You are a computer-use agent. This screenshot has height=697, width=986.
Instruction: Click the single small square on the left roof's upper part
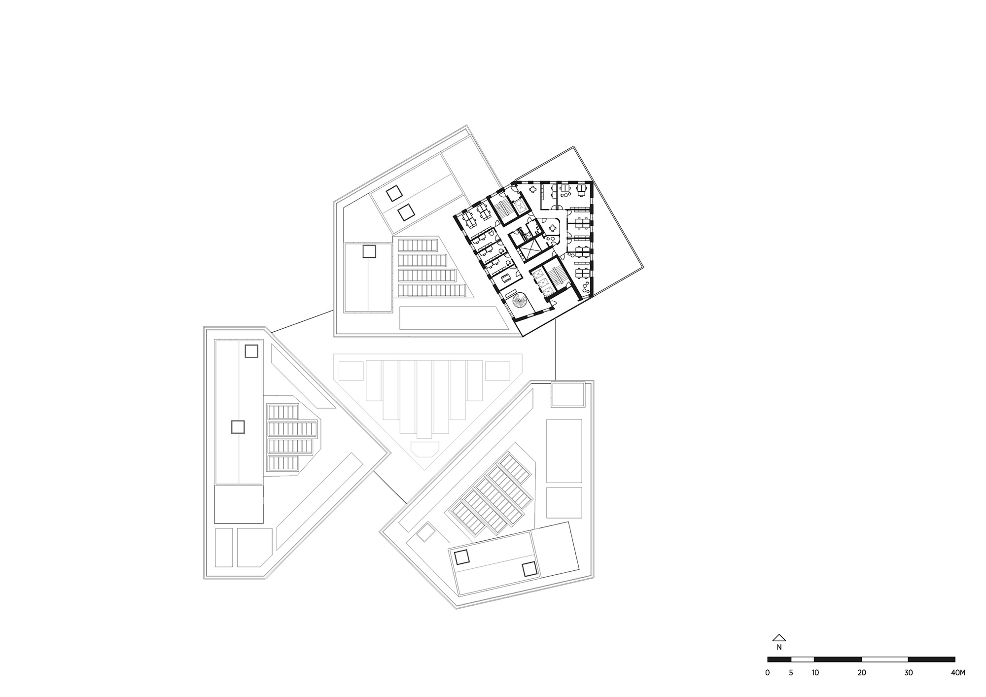tap(251, 351)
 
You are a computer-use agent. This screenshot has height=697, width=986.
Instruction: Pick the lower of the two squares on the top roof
tap(406, 213)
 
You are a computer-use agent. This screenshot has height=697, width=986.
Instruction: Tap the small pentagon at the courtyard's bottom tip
tap(424, 449)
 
